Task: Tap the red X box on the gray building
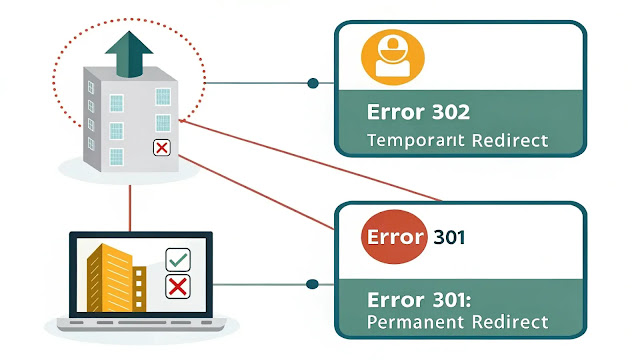(160, 149)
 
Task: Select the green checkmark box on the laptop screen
(178, 260)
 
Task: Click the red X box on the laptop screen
(178, 288)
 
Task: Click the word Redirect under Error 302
(506, 140)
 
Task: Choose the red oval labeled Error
(394, 238)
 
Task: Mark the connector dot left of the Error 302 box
(315, 83)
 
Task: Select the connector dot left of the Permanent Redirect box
(315, 285)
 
